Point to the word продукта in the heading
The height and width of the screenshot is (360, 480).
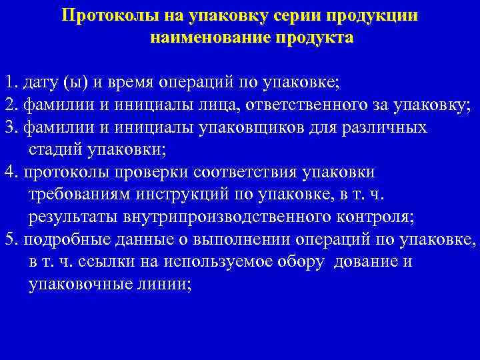[316, 38]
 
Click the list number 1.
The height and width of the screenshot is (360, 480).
[9, 83]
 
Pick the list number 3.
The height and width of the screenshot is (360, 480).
[9, 127]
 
